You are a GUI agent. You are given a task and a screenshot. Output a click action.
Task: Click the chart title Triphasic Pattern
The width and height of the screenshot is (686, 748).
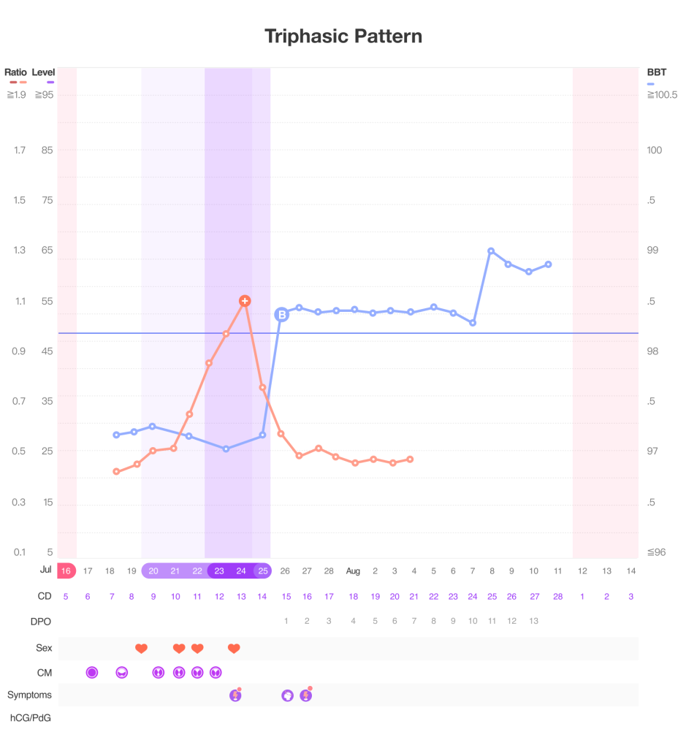pyautogui.click(x=343, y=36)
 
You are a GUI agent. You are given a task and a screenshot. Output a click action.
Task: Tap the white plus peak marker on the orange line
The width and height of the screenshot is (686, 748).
pyautogui.click(x=245, y=301)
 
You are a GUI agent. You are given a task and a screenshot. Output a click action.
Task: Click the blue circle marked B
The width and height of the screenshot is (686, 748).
pyautogui.click(x=281, y=315)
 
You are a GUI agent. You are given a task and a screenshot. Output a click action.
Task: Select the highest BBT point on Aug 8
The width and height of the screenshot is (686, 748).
pyautogui.click(x=491, y=251)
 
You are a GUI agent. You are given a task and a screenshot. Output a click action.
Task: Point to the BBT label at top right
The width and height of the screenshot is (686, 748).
pyautogui.click(x=657, y=72)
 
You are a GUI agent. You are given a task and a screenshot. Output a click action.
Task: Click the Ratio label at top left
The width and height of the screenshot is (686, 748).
pyautogui.click(x=15, y=72)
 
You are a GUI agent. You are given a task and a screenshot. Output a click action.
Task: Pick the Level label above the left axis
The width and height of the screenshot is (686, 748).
pyautogui.click(x=44, y=72)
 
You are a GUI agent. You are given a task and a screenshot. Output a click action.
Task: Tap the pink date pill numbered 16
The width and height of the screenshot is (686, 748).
pyautogui.click(x=66, y=570)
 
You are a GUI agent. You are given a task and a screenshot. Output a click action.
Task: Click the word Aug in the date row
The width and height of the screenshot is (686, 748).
pyautogui.click(x=353, y=570)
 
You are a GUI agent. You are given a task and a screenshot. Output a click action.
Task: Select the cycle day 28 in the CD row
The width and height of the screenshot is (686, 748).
pyautogui.click(x=557, y=596)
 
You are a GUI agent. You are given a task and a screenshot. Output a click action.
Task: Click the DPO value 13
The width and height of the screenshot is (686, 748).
pyautogui.click(x=533, y=621)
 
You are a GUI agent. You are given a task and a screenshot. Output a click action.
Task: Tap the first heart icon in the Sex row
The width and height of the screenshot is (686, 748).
pyautogui.click(x=141, y=648)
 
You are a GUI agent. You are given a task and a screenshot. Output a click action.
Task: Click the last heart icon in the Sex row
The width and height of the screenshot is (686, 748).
pyautogui.click(x=234, y=648)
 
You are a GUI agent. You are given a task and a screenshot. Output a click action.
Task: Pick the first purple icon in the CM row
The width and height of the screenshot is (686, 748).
pyautogui.click(x=91, y=672)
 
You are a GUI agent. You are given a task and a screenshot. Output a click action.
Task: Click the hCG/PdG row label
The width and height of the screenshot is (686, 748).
pyautogui.click(x=30, y=717)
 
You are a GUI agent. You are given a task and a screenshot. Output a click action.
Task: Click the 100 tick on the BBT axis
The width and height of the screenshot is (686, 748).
pyautogui.click(x=654, y=150)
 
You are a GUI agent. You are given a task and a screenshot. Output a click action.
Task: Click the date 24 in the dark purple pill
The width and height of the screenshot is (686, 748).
pyautogui.click(x=241, y=570)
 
